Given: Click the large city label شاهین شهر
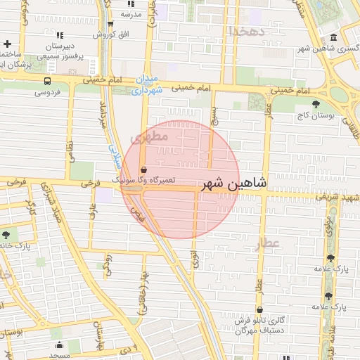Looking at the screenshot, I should (x=234, y=184).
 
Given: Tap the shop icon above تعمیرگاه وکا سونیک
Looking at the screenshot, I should (x=143, y=169).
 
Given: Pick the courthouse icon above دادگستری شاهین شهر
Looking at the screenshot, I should (x=333, y=37).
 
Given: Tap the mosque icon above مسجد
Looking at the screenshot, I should (x=59, y=345).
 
